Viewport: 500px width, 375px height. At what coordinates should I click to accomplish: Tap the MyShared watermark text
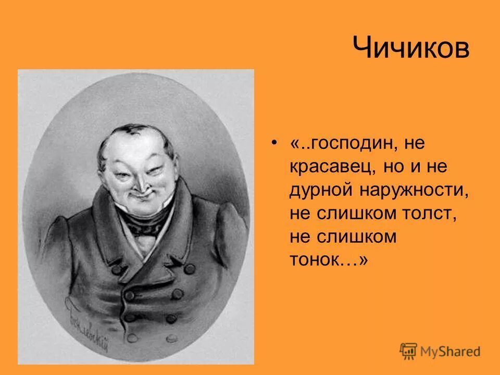(451, 352)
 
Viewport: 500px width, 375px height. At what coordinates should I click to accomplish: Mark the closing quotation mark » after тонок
(362, 260)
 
